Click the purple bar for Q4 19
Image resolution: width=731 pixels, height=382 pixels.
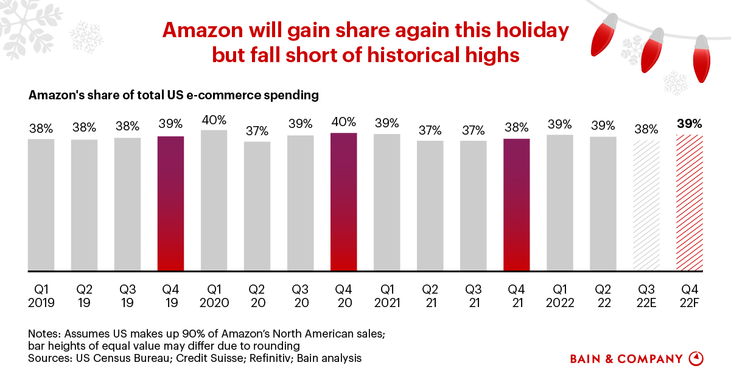[170, 203]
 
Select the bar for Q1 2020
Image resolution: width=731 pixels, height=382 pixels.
[214, 200]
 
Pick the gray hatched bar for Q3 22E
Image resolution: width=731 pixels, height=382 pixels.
[646, 206]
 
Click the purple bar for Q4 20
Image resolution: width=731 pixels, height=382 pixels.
[344, 202]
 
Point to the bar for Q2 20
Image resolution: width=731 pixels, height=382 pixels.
[257, 207]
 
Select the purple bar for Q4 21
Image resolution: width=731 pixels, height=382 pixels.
[517, 205]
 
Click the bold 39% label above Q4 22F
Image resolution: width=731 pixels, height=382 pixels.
[690, 124]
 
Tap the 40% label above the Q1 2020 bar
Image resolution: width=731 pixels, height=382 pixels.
[214, 119]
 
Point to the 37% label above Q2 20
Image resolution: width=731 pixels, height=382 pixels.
[257, 131]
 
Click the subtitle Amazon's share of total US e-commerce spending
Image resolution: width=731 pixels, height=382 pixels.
[173, 95]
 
